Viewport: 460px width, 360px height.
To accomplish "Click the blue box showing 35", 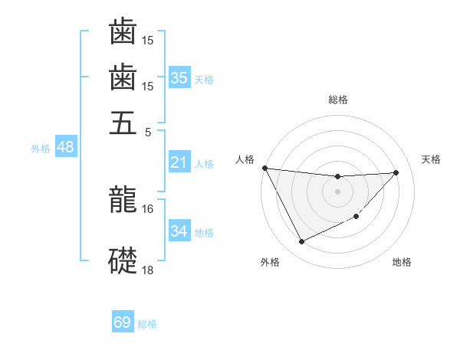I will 179,78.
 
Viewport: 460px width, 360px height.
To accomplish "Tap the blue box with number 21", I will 179,162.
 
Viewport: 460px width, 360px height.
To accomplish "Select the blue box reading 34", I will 179,231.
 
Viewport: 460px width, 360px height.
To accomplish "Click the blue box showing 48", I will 65,147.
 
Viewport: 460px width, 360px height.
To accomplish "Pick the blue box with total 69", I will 123,322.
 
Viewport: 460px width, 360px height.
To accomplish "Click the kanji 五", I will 123,123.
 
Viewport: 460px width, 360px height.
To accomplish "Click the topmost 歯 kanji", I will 123,33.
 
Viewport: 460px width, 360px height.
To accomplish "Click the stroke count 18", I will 147,269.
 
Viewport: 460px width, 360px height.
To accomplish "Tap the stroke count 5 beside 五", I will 147,131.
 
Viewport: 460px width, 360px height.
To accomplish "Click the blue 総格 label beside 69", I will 147,324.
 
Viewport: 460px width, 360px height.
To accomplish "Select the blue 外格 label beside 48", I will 41,149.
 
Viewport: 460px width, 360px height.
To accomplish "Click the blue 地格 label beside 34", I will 204,233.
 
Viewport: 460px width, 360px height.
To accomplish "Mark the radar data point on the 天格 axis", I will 396,172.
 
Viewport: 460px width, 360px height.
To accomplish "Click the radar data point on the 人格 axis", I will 264,168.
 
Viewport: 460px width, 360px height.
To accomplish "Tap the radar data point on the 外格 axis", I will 301,242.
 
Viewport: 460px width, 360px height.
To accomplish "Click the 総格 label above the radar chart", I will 337,100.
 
